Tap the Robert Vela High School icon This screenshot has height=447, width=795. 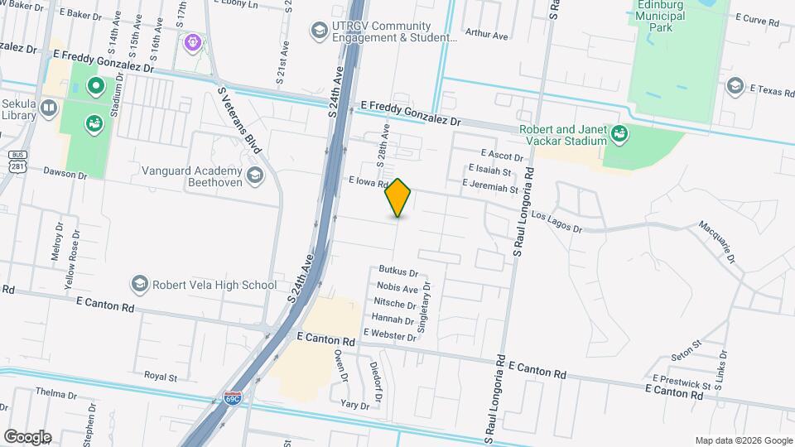[138, 285]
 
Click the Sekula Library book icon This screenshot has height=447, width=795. [49, 108]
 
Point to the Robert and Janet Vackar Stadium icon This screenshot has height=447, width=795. [618, 132]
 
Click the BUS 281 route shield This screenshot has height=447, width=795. [17, 161]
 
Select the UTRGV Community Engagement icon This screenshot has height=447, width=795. [318, 31]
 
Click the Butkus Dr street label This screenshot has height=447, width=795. [397, 271]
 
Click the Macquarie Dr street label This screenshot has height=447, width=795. [717, 241]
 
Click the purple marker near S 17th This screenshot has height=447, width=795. [193, 41]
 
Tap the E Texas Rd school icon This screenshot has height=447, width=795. [735, 86]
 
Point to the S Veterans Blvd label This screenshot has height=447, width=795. [239, 121]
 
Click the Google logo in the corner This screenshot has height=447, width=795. [27, 436]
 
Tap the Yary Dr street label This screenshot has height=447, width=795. [354, 405]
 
